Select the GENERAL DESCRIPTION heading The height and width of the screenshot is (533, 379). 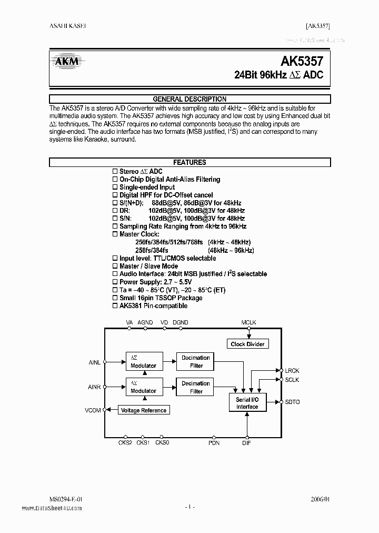click(x=189, y=99)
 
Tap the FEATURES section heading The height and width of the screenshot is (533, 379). click(x=189, y=163)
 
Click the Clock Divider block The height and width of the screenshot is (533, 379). click(x=248, y=344)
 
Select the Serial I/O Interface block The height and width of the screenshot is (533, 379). click(x=247, y=403)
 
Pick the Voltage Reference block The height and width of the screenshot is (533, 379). click(x=143, y=410)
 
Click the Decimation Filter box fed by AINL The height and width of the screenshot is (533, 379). click(x=195, y=361)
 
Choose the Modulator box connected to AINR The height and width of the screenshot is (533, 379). click(x=143, y=387)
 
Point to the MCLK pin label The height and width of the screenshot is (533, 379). click(x=248, y=322)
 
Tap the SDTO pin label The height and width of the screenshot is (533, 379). click(x=292, y=402)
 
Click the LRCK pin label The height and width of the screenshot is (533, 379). click(x=292, y=371)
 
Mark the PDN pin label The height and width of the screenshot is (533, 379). click(x=214, y=443)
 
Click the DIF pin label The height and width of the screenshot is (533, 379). click(x=246, y=443)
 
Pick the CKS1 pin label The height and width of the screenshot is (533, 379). click(x=143, y=443)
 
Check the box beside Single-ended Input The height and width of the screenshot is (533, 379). click(x=115, y=187)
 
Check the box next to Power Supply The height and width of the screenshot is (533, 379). click(x=115, y=282)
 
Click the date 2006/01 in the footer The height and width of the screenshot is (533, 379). click(x=320, y=499)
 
